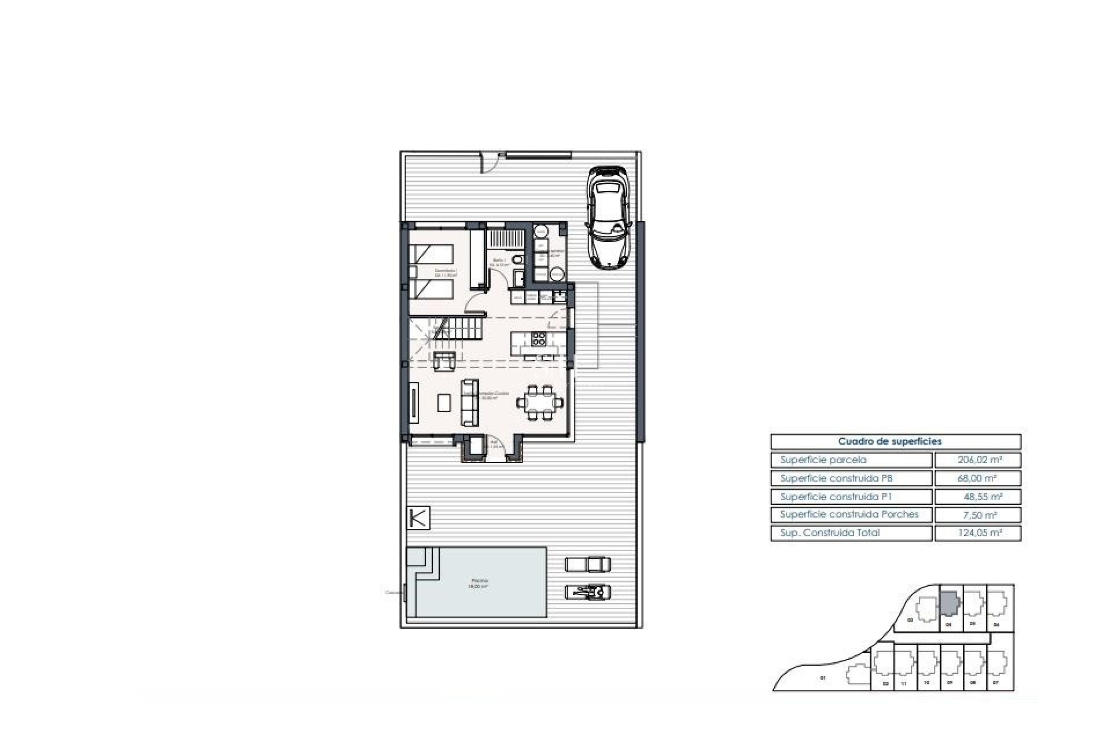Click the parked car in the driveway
606,218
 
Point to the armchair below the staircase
444,360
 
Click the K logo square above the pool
418,518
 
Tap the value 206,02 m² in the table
977,460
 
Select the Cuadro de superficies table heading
895,442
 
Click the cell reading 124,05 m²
977,533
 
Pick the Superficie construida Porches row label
849,515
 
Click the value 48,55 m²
977,497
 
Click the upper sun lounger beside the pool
587,563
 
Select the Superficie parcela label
823,460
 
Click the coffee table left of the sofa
444,402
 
